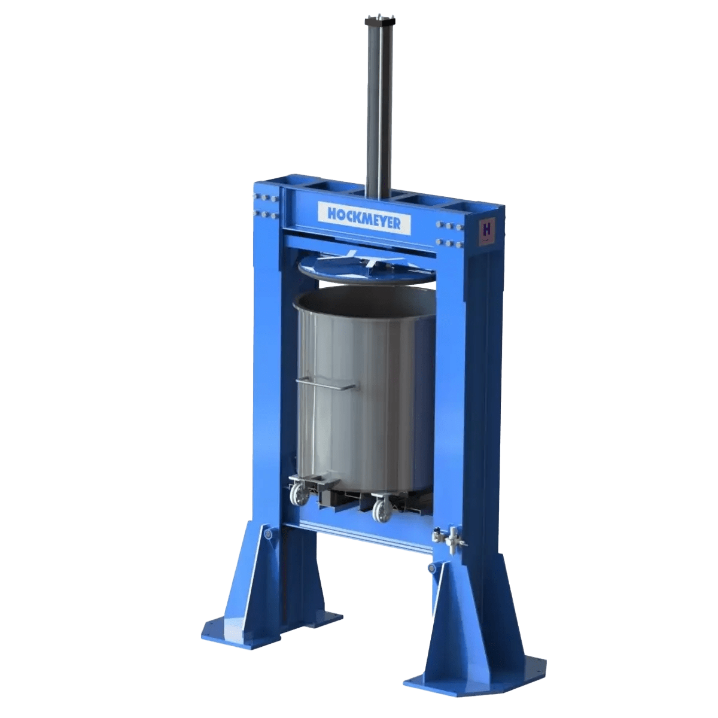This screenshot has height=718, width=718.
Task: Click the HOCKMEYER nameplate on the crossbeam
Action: point(364,218)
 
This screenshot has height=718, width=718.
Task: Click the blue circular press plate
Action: point(365,270)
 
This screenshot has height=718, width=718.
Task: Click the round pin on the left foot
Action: point(267,533)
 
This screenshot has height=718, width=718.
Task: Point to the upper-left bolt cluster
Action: point(267,198)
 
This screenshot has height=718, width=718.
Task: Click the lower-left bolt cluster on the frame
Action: point(267,214)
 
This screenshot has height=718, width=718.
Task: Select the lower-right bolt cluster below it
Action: point(448,242)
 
